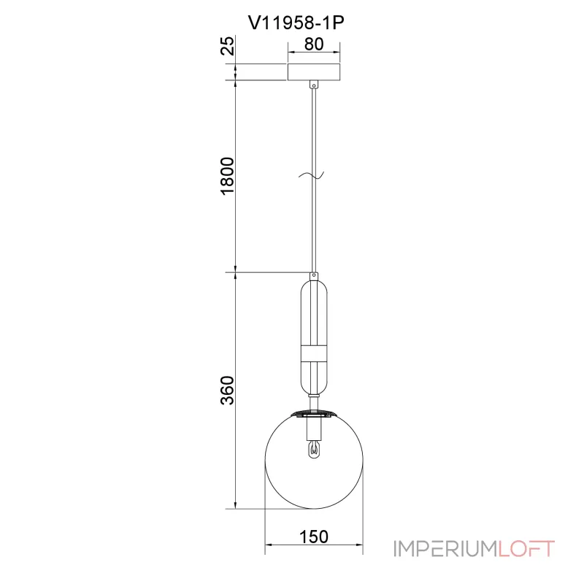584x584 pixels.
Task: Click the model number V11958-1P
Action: [x=296, y=23]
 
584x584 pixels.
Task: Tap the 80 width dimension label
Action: [x=314, y=44]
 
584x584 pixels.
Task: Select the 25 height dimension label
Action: [x=228, y=45]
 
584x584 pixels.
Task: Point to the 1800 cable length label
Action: [x=228, y=176]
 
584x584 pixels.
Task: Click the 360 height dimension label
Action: [x=228, y=390]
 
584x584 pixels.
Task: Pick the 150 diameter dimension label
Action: [x=314, y=537]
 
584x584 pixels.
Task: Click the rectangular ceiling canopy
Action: [x=314, y=72]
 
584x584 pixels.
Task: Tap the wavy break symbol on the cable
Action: [x=312, y=175]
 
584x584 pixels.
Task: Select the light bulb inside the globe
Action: [x=314, y=449]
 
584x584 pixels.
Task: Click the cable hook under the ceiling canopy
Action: [x=315, y=85]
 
